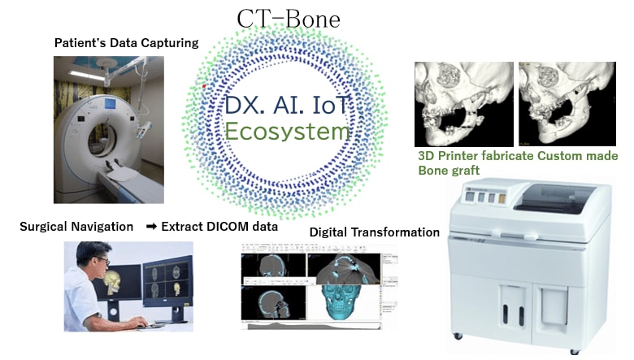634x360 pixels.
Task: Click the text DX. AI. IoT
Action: [x=288, y=104]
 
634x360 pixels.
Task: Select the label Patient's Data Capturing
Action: [x=126, y=43]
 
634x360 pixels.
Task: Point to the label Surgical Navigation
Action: [x=76, y=227]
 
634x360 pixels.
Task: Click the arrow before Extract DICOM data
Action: [x=151, y=227]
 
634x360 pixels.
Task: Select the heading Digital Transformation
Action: [x=375, y=232]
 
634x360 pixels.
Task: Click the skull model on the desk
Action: [x=112, y=284]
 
